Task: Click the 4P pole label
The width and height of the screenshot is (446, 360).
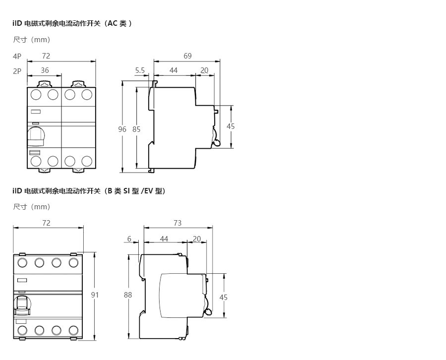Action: pos(17,57)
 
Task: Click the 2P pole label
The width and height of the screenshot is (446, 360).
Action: pos(17,71)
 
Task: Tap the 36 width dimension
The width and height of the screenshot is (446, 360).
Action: pos(45,70)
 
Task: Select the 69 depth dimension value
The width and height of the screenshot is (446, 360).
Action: pos(187,56)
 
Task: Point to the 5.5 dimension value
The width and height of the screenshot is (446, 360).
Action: pos(140,70)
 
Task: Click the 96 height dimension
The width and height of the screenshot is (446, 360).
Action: pos(122,129)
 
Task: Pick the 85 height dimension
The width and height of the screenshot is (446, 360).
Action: pos(136,129)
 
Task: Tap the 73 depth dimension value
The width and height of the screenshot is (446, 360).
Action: pos(177,223)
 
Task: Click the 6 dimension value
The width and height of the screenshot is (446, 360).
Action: pos(129,239)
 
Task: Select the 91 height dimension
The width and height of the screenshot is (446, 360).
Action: pos(95,295)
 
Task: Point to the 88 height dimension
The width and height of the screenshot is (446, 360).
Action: pos(128,295)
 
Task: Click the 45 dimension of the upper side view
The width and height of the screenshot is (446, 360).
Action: pos(230,126)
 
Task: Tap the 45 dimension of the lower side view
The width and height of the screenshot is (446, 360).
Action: pos(223,298)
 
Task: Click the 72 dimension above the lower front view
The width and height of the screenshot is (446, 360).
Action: pos(46,223)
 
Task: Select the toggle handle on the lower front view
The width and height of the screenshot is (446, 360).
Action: pos(22,305)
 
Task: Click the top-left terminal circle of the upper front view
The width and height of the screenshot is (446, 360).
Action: pos(36,95)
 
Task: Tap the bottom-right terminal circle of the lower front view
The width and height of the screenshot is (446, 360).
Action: pos(73,330)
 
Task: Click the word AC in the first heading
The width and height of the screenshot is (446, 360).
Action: pos(112,23)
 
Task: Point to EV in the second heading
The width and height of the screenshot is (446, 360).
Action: pos(149,191)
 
